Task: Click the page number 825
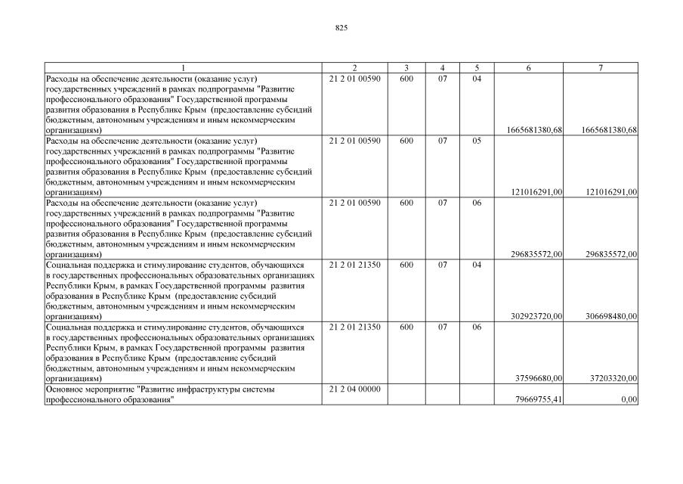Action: tap(341, 28)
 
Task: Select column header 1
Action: tap(183, 68)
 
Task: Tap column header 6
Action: tap(528, 68)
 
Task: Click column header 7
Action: tap(601, 68)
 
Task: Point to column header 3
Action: tap(406, 68)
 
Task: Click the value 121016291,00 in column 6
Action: tap(535, 192)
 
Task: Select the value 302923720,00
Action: tap(535, 316)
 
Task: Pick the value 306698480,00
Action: tap(609, 316)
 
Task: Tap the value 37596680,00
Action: tap(538, 378)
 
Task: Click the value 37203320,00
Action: tap(612, 378)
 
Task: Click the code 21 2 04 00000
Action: tap(355, 389)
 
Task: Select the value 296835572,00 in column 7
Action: tap(609, 254)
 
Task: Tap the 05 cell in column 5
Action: tap(477, 141)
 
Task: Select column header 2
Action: tap(355, 68)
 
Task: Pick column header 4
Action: tap(443, 68)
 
